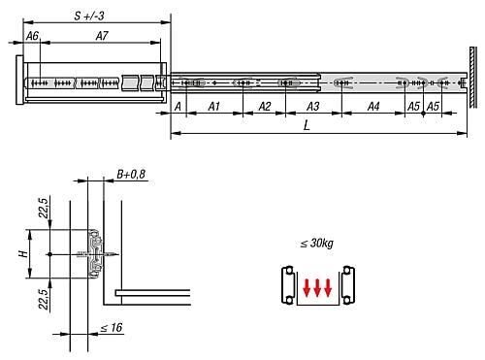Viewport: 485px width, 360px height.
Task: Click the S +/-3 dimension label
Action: click(89, 16)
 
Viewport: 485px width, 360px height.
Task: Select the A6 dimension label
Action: click(32, 36)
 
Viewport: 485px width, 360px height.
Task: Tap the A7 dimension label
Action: click(102, 36)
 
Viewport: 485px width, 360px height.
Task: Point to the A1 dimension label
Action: click(214, 106)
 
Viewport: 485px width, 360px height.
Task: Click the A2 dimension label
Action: click(265, 106)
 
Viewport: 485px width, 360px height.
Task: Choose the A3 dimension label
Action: click(313, 106)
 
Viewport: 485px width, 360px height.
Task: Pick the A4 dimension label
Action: click(373, 106)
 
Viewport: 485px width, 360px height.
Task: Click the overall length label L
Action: click(307, 125)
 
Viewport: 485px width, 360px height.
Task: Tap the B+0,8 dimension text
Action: click(131, 175)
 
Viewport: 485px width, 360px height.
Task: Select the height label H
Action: click(23, 254)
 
